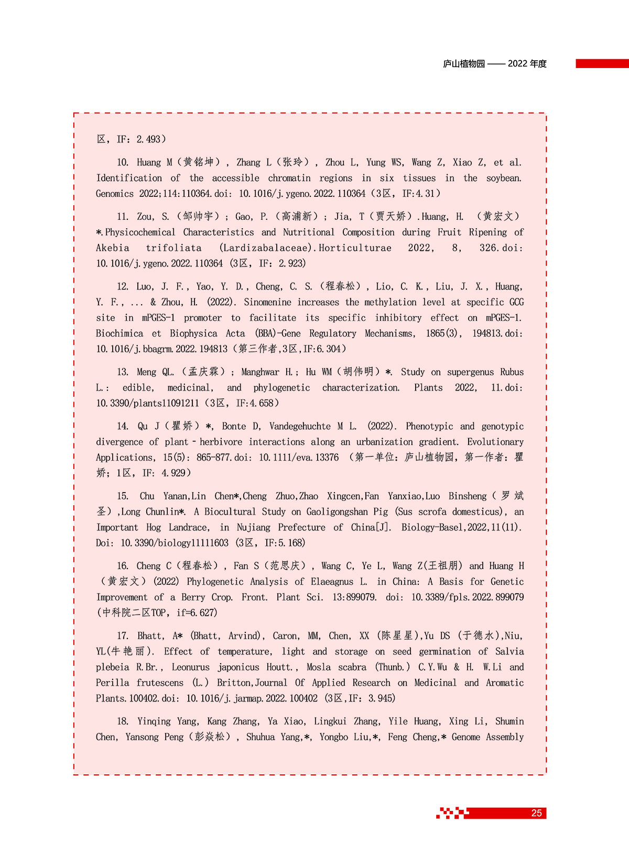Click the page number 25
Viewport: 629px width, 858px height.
(536, 813)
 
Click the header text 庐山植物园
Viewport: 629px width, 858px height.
(464, 64)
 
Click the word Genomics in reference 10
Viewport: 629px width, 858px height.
(115, 194)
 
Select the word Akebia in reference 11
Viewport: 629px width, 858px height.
(112, 248)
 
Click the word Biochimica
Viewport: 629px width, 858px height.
(120, 333)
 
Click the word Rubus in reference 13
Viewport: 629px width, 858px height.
(512, 372)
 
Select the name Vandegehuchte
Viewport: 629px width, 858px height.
(300, 427)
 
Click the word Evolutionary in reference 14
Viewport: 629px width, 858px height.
(495, 442)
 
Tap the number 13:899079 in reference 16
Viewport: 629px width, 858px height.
(354, 597)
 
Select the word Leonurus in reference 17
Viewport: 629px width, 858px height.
(191, 667)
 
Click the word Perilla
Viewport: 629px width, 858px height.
(112, 683)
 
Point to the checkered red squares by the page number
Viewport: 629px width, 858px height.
(452, 813)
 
